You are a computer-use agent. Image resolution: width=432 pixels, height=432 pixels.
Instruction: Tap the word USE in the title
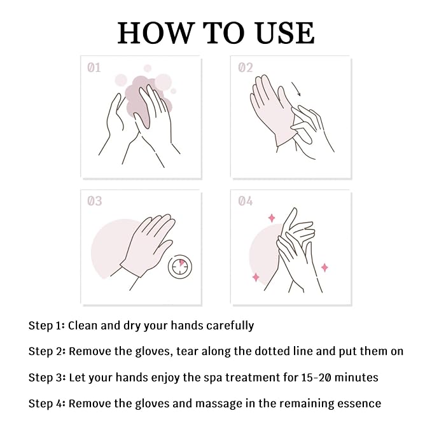pyautogui.click(x=285, y=33)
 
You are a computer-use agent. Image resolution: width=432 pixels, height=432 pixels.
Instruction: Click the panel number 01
pyautogui.click(x=94, y=67)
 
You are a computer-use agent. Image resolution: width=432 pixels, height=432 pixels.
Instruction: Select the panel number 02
pyautogui.click(x=245, y=67)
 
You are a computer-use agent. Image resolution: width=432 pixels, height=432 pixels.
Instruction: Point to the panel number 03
pyautogui.click(x=95, y=201)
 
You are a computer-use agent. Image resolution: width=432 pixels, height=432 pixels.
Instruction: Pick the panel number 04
pyautogui.click(x=245, y=201)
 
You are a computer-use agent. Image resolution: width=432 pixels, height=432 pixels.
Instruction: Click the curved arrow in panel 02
pyautogui.click(x=296, y=89)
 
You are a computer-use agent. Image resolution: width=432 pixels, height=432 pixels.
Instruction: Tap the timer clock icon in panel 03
pyautogui.click(x=180, y=267)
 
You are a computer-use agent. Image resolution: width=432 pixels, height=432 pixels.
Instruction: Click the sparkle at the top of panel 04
pyautogui.click(x=272, y=218)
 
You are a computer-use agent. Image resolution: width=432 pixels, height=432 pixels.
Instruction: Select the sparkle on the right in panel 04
pyautogui.click(x=325, y=267)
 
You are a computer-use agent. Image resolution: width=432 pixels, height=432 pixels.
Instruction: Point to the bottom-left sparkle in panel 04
pyautogui.click(x=256, y=277)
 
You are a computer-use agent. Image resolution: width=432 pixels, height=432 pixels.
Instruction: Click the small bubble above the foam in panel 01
pyautogui.click(x=148, y=68)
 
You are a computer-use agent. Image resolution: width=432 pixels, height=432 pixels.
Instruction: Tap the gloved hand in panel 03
pyautogui.click(x=148, y=245)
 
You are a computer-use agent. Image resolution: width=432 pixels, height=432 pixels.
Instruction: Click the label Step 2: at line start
pyautogui.click(x=47, y=351)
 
